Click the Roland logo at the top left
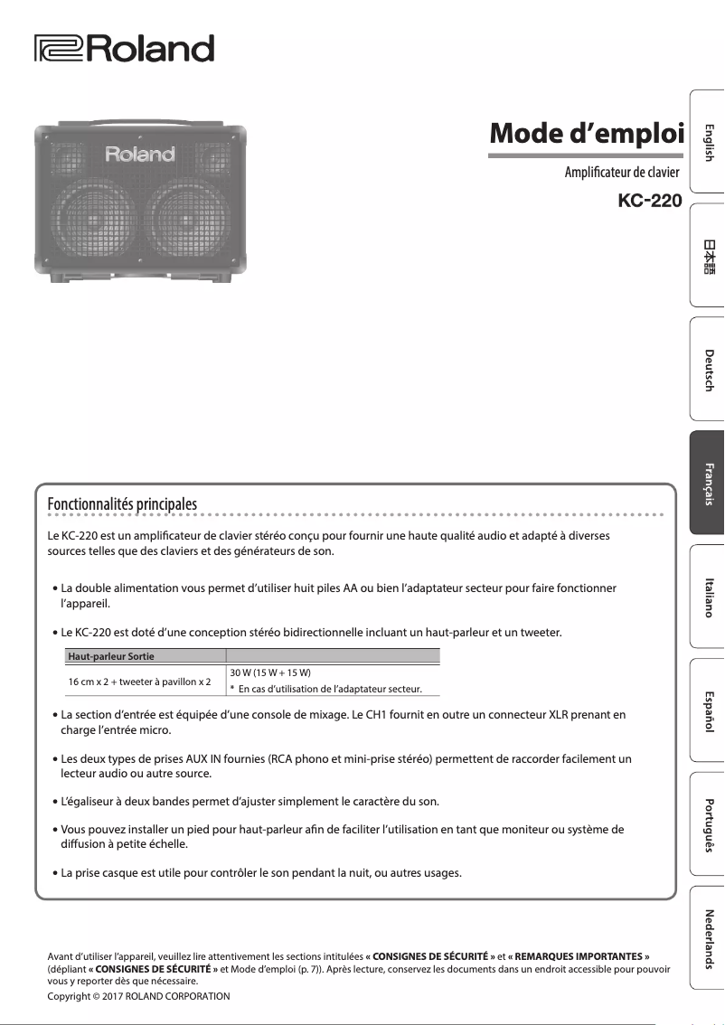pos(124,48)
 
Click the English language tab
pos(708,142)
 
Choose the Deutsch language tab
pos(708,370)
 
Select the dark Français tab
pos(708,484)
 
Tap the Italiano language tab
pos(708,597)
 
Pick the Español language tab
pos(708,711)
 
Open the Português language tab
pos(708,824)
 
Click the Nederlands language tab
pos(708,938)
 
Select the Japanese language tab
pos(708,256)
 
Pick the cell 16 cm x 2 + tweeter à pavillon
pos(140,681)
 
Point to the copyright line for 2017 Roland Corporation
pos(138,996)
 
